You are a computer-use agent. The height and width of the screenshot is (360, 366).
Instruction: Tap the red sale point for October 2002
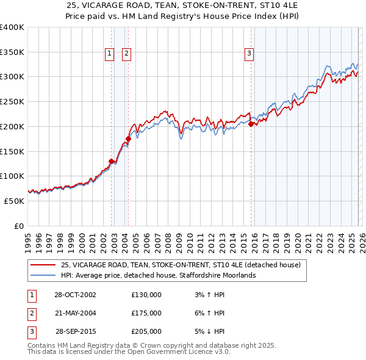pyautogui.click(x=112, y=161)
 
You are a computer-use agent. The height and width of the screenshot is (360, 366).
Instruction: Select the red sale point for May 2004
pyautogui.click(x=129, y=139)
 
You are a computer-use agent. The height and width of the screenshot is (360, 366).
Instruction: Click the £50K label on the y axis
pyautogui.click(x=14, y=201)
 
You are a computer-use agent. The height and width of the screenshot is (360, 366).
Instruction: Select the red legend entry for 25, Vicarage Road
pyautogui.click(x=181, y=265)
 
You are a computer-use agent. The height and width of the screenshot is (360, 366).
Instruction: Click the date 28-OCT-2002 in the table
pyautogui.click(x=75, y=295)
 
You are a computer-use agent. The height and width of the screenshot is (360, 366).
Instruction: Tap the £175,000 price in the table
pyautogui.click(x=146, y=313)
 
